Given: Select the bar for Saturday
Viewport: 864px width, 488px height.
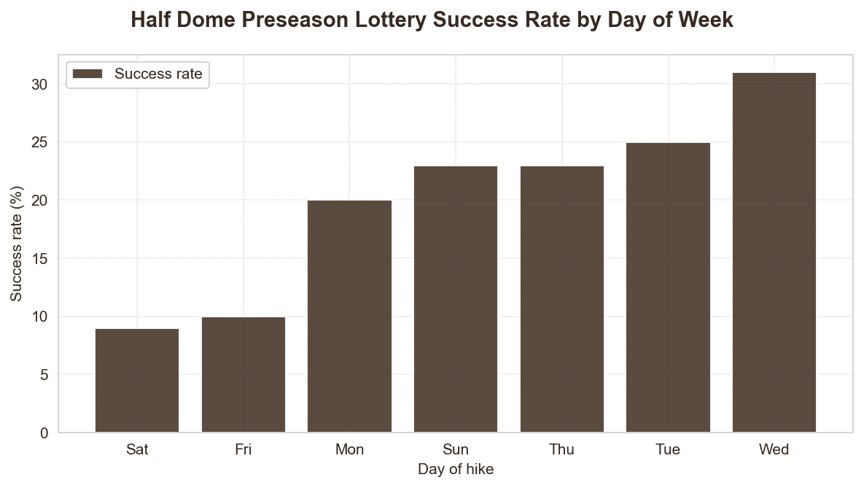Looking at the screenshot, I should click(137, 380).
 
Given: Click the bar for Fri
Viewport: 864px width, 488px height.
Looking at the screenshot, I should click(244, 374).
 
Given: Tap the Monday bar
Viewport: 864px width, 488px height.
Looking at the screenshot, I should click(349, 316).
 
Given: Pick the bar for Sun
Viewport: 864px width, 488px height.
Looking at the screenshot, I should click(456, 299).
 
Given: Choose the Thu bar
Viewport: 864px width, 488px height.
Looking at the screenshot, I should click(561, 299).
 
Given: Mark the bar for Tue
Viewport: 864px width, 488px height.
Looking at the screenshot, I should click(668, 287).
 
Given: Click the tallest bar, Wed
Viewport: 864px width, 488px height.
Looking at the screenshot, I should click(774, 252).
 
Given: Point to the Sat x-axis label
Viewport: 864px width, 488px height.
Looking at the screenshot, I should click(137, 449).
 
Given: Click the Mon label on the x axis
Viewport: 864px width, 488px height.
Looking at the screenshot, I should click(349, 449).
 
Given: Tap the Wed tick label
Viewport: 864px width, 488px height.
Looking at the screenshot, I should click(774, 449).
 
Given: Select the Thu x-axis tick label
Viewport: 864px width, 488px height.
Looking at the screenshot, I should click(561, 449).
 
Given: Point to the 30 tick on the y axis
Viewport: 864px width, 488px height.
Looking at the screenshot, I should click(39, 85).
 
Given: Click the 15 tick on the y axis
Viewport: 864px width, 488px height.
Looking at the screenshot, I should click(39, 259).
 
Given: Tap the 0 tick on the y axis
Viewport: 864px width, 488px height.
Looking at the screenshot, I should click(44, 433).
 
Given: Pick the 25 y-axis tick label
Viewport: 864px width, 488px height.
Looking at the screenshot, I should click(39, 142).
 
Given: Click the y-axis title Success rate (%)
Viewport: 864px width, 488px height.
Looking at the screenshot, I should click(17, 244).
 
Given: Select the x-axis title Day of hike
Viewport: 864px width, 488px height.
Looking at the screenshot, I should click(456, 470).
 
